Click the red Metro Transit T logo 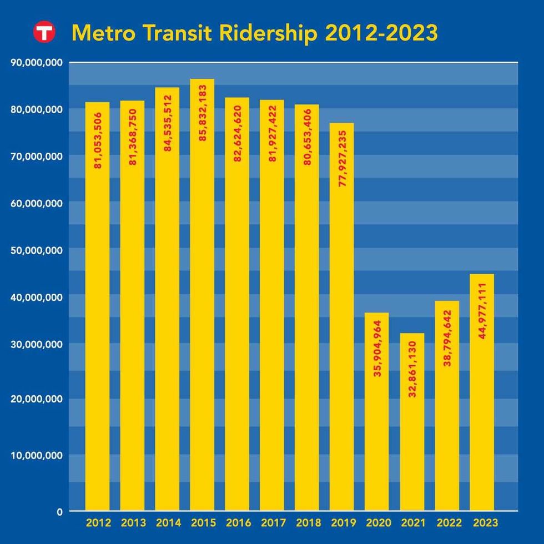click(x=43, y=32)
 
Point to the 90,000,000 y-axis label click(x=36, y=63)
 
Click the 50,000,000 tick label click(x=36, y=250)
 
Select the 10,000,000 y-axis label click(x=36, y=456)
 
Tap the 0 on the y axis click(x=59, y=512)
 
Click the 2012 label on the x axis click(x=98, y=523)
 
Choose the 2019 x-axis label click(x=342, y=523)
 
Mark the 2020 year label click(x=377, y=523)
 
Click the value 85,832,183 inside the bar click(x=203, y=113)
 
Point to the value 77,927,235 click(x=342, y=158)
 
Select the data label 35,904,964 click(x=377, y=349)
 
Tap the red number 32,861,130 click(x=412, y=367)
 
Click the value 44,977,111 click(x=482, y=310)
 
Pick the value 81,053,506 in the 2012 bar click(x=98, y=140)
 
